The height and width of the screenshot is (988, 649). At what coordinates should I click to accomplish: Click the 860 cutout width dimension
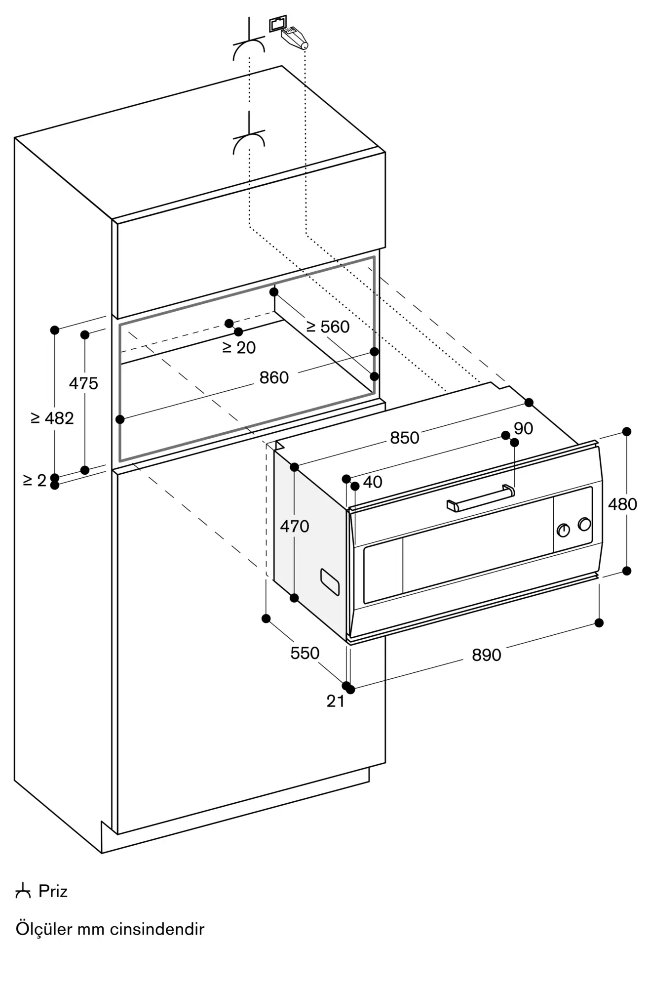click(274, 378)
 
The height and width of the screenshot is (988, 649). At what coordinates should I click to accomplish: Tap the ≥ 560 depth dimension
click(328, 327)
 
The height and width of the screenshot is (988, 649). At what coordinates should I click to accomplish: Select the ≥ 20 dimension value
click(239, 348)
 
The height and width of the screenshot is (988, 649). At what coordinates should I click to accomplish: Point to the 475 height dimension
click(83, 383)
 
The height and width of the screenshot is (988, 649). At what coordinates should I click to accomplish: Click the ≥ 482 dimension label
click(52, 418)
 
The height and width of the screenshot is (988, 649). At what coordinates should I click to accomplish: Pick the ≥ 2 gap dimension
click(35, 480)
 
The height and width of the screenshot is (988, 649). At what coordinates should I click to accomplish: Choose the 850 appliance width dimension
click(405, 438)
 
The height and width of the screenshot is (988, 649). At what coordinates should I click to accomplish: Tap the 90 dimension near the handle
click(524, 428)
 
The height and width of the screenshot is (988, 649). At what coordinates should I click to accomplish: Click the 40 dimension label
click(373, 482)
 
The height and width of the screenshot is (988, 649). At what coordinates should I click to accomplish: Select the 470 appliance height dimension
click(295, 527)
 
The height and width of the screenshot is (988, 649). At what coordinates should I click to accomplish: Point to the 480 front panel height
click(623, 504)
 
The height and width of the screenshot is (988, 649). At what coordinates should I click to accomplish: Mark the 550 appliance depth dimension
click(305, 653)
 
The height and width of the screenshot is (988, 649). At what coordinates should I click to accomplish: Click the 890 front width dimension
click(487, 655)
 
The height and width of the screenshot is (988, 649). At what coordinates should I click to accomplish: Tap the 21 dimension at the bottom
click(336, 701)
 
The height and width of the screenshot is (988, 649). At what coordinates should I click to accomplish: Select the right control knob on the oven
click(585, 524)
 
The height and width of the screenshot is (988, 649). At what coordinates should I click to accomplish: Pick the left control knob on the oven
click(563, 530)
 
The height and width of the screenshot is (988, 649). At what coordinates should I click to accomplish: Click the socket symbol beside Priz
click(23, 892)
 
